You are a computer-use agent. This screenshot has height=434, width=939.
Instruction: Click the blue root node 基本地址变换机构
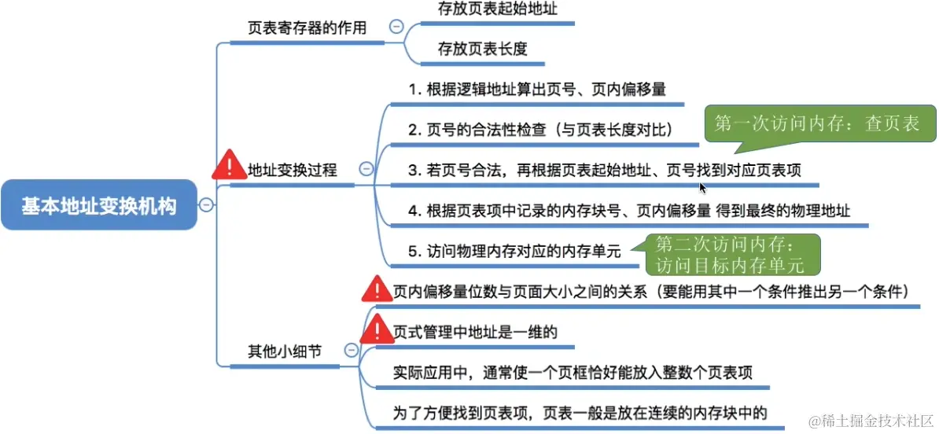point(98,206)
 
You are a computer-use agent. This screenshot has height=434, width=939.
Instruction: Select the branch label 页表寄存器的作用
point(307,28)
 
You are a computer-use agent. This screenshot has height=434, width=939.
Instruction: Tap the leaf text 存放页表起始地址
point(493,11)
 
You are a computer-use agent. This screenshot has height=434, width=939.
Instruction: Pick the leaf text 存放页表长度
point(482,49)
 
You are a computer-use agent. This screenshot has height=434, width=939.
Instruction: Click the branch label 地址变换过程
point(292,170)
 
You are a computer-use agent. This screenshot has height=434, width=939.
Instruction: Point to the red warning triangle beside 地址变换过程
point(229,165)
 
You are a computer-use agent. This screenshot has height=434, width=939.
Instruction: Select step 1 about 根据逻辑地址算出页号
point(536,89)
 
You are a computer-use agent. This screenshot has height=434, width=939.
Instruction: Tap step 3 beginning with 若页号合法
point(604,170)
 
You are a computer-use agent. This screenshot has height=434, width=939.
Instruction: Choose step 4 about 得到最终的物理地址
point(629,211)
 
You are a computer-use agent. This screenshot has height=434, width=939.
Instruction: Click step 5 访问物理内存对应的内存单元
point(514,252)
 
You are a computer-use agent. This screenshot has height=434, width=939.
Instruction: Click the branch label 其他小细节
point(284,351)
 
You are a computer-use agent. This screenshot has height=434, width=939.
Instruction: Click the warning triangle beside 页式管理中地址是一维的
point(377,328)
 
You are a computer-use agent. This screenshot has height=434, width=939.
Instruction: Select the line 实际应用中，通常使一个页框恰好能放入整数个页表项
point(573,372)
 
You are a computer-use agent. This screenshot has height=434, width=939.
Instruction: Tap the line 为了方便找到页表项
point(580,412)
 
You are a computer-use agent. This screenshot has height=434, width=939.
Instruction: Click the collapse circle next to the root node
point(206,205)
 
